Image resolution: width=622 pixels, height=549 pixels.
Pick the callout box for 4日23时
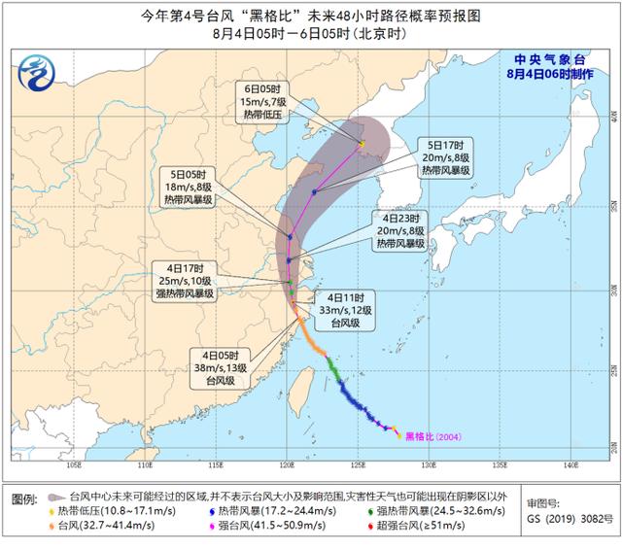[x=400, y=231]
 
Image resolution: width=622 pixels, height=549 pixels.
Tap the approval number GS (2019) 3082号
[x=570, y=520]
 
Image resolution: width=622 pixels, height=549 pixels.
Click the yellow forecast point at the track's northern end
[x=362, y=145]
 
